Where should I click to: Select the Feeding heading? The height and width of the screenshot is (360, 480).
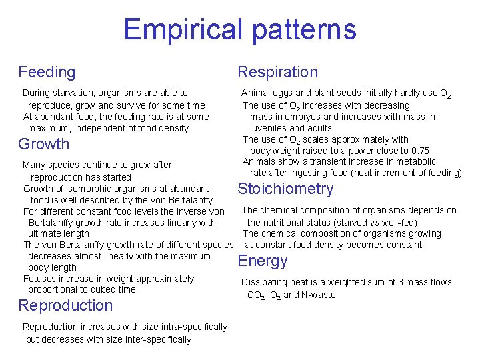coord(47,72)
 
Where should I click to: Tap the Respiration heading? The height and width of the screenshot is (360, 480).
coord(278,72)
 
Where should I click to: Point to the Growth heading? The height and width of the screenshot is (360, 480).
coord(43,144)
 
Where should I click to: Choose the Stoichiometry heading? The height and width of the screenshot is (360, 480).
coord(285,189)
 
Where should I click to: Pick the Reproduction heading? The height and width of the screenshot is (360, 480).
coord(65,305)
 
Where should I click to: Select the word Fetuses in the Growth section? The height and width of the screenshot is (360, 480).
coord(41,279)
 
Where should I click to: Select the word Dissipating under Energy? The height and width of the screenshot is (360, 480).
coord(265,283)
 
